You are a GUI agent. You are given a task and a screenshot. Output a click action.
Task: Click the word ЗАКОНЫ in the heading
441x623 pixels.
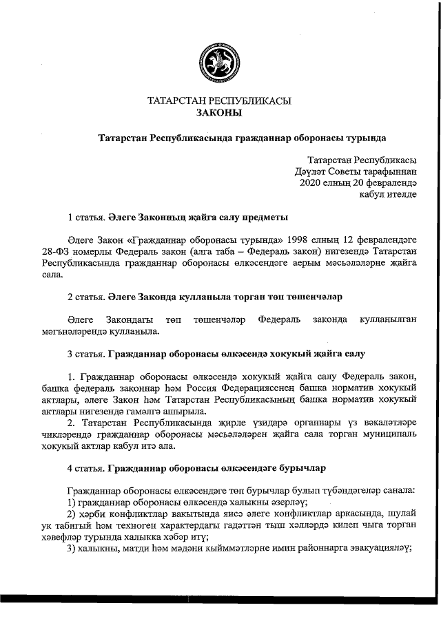[x=219, y=113]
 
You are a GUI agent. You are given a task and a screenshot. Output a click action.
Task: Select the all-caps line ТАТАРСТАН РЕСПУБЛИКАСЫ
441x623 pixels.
[x=219, y=101]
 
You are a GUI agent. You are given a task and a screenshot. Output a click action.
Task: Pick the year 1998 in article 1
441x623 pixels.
[x=285, y=242]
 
